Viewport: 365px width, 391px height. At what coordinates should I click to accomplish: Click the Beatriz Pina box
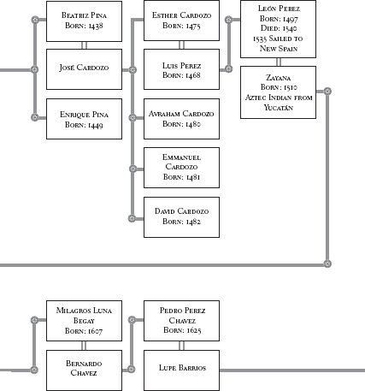point(84,21)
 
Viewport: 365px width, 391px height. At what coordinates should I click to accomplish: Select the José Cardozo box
point(84,69)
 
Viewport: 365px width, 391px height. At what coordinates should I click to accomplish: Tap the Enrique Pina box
point(84,119)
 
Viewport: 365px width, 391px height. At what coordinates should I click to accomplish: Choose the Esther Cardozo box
point(181,21)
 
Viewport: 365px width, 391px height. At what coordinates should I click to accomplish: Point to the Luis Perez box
point(181,69)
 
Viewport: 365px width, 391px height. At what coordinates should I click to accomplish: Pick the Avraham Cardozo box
point(181,119)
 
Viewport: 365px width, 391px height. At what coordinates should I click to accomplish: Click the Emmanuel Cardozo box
point(181,168)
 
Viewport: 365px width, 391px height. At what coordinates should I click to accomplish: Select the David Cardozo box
point(181,217)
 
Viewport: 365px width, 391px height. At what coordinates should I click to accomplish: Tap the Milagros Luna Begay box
point(84,321)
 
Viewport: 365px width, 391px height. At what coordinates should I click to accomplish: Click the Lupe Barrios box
point(181,370)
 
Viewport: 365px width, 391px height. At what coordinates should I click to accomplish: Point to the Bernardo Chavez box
point(84,370)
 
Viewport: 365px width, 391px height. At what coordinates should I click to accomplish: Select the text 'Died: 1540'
point(279,28)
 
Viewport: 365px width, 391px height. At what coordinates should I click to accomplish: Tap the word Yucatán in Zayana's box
point(279,108)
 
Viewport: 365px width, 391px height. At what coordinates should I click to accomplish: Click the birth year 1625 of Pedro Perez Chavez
point(193,330)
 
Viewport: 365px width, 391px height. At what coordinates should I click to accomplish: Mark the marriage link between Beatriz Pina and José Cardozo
point(84,45)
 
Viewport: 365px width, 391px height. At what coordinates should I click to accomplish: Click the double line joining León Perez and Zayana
point(279,62)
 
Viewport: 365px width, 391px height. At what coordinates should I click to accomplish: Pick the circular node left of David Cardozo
point(132,218)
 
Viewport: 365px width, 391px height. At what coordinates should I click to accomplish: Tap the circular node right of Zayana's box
point(327,92)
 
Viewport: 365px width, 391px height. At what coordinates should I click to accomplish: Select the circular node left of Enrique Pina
point(35,117)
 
